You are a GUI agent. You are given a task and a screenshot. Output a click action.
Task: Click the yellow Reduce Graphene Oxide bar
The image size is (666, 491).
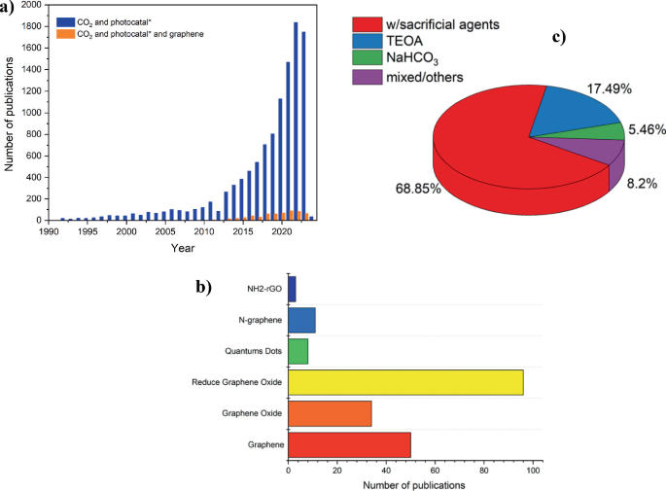click(405, 382)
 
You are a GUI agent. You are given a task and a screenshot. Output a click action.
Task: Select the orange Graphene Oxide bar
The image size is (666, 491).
click(330, 413)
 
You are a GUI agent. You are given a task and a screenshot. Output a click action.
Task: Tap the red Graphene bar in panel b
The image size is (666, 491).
click(349, 444)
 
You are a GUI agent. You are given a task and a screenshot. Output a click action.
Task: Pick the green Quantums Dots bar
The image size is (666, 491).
click(298, 351)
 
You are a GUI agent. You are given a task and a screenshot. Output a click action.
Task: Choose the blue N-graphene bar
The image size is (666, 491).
click(301, 320)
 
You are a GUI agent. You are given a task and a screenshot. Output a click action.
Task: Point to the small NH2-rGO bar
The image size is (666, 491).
click(292, 289)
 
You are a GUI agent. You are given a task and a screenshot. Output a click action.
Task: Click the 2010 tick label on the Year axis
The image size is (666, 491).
click(202, 232)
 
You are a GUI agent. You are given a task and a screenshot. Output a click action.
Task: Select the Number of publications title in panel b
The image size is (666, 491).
click(413, 483)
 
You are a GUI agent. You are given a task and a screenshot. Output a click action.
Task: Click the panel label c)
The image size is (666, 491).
click(559, 38)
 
